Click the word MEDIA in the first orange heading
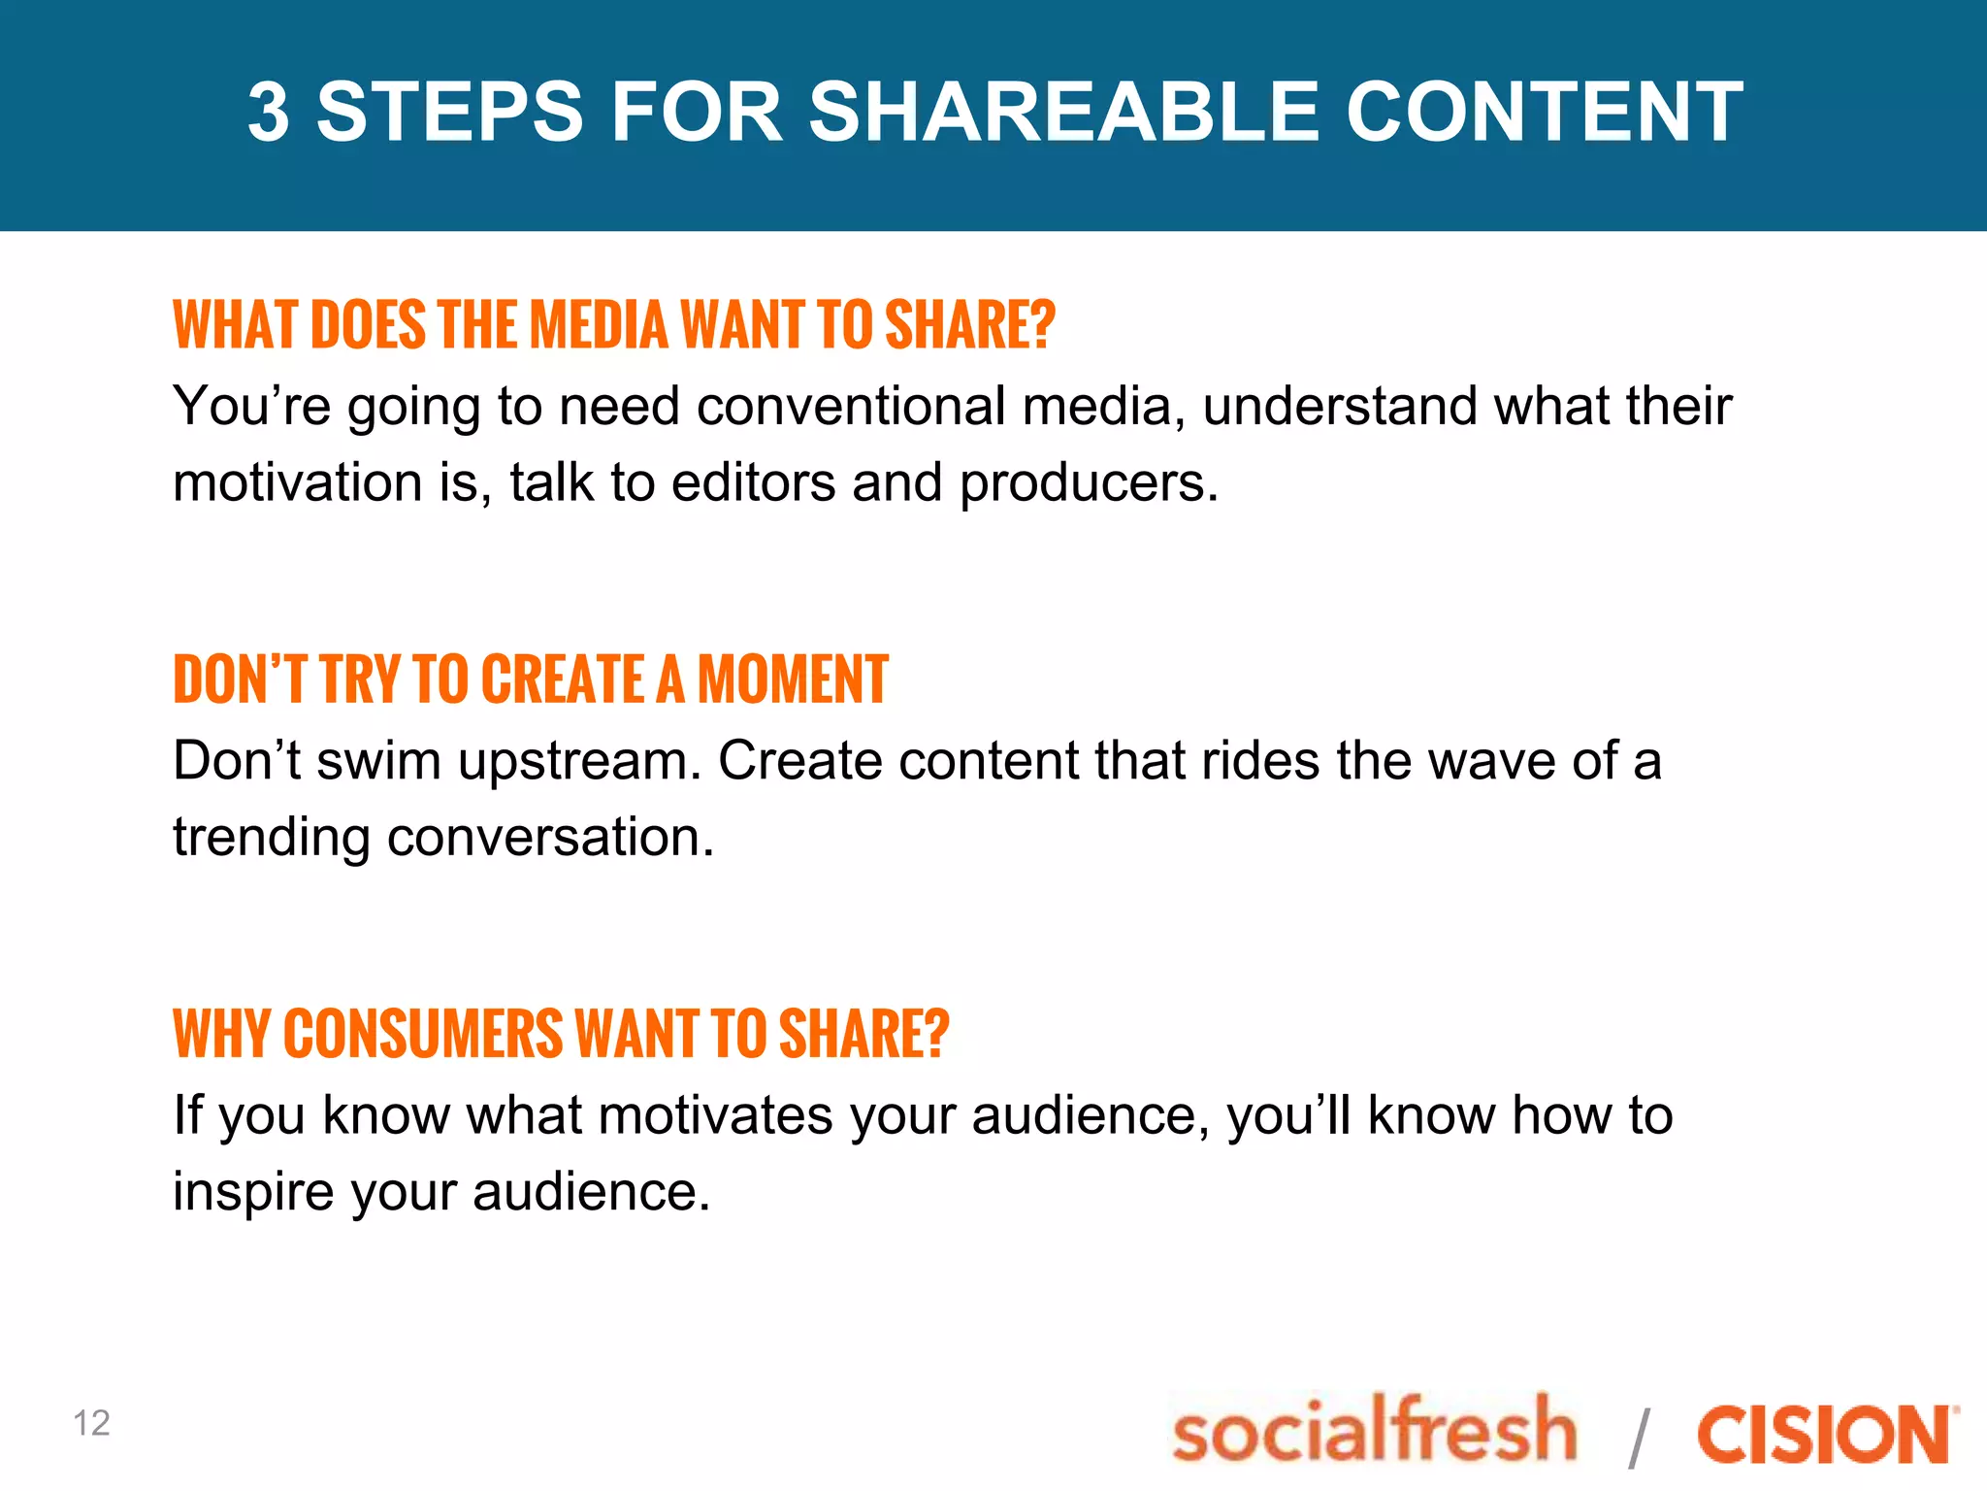[599, 325]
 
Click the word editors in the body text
[753, 482]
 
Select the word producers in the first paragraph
[1089, 484]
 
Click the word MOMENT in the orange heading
[793, 679]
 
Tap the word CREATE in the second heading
[562, 679]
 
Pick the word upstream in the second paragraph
[579, 762]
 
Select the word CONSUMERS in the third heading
[423, 1034]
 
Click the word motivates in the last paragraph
[715, 1115]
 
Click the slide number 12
[91, 1423]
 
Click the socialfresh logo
[1375, 1430]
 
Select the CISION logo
[1826, 1435]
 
